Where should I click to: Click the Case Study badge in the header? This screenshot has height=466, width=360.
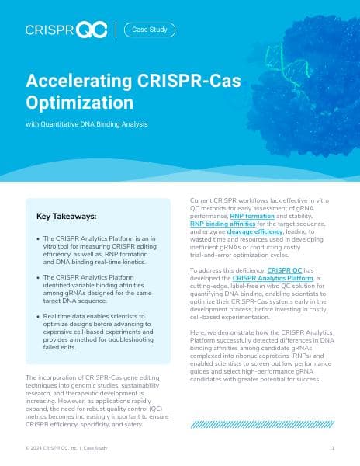[149, 30]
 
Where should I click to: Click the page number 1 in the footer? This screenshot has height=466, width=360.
[332, 448]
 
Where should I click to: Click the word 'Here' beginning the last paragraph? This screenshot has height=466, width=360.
[197, 332]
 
